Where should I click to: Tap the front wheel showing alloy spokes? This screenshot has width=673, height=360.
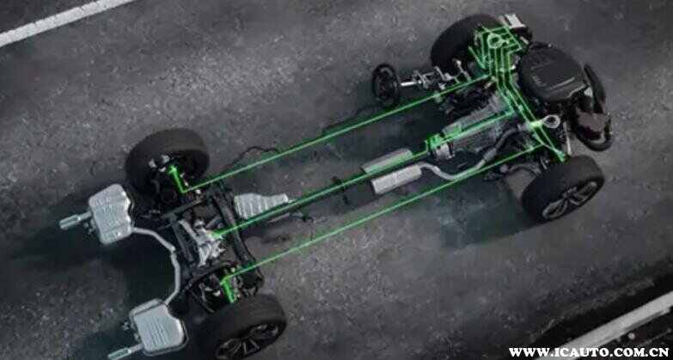(x=563, y=188)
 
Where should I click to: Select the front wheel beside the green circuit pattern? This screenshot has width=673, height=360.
(x=463, y=40)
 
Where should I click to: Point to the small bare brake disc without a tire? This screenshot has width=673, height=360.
(x=385, y=83)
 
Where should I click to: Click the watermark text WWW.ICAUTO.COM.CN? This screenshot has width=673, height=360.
(x=589, y=352)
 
